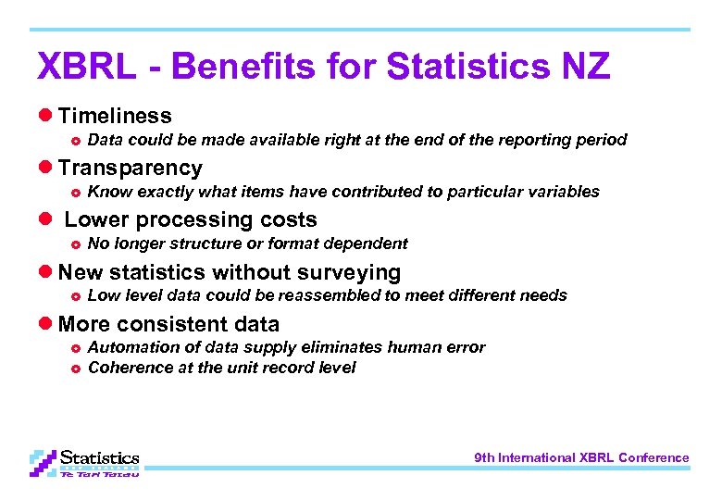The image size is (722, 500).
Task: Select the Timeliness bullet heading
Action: (x=114, y=116)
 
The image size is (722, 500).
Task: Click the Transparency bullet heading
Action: (x=130, y=168)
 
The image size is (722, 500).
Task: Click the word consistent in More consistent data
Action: (x=169, y=324)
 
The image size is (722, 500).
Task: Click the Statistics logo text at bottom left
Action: (x=100, y=457)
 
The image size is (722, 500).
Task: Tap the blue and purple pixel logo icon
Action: (x=43, y=462)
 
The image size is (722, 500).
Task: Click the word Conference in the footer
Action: (x=654, y=457)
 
